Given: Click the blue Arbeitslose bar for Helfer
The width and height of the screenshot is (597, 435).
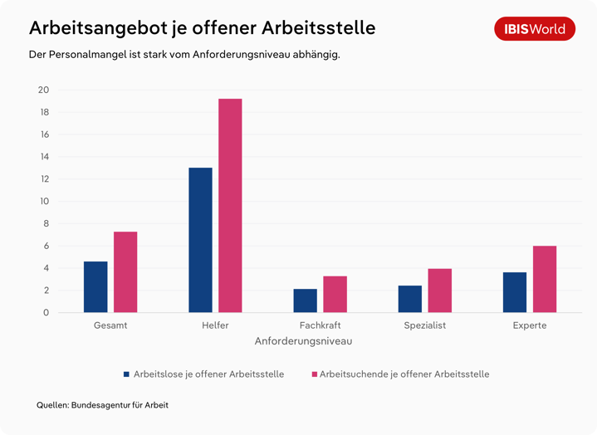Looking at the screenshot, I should (200, 240).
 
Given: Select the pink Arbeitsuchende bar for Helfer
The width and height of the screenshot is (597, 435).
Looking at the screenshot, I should (230, 205).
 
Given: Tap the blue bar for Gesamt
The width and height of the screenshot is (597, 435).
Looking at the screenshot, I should (95, 286).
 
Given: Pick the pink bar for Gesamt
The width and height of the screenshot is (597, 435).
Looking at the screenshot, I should (125, 271).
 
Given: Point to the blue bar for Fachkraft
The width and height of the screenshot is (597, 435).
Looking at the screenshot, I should (305, 301).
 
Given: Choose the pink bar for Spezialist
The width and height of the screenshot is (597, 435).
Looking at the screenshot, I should (440, 291).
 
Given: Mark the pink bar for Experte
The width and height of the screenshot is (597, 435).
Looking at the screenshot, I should (545, 279).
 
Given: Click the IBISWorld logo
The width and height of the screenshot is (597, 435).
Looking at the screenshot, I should (535, 29).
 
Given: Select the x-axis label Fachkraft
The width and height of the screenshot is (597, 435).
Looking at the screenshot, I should (320, 325).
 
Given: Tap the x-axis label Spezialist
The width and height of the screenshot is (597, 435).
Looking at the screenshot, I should (424, 325).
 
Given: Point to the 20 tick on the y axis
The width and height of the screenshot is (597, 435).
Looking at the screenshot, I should (43, 90).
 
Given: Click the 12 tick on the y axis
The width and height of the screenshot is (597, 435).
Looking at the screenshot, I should (43, 179).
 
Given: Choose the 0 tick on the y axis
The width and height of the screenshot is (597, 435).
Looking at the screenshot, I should (46, 313).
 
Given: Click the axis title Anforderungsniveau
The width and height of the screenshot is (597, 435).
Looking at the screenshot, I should (303, 341).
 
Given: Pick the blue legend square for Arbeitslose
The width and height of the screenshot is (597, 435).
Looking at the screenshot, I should (127, 374).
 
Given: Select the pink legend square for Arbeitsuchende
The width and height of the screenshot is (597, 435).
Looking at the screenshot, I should (314, 374).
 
